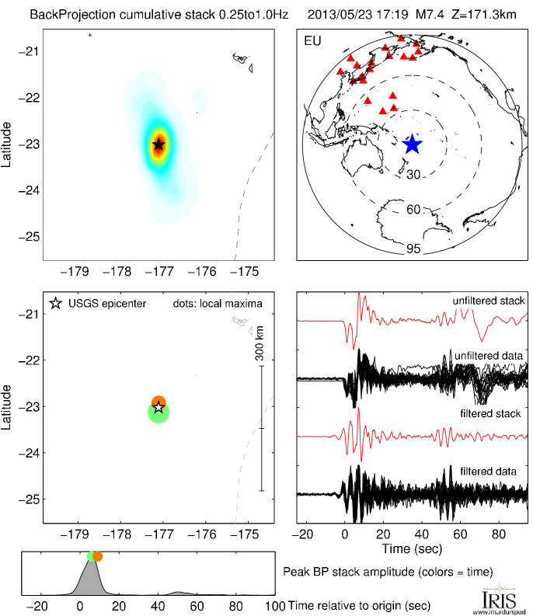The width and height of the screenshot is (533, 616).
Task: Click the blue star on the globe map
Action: pos(412,144)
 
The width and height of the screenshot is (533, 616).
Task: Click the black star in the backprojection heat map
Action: pos(159,144)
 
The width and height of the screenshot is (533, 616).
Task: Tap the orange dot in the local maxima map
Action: pos(159,401)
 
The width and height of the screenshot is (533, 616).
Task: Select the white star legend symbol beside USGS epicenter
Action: pos(55,303)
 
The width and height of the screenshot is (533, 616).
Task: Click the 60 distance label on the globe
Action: pos(413,210)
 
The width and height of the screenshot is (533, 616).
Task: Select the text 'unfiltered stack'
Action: pos(488,301)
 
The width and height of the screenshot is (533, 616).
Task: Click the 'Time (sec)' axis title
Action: pos(412,549)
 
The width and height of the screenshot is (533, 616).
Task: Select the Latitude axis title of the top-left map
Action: pos(7,144)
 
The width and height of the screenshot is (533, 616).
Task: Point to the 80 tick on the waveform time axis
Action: pos(499,534)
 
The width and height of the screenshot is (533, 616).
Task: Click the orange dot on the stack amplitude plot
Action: pos(97,556)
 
